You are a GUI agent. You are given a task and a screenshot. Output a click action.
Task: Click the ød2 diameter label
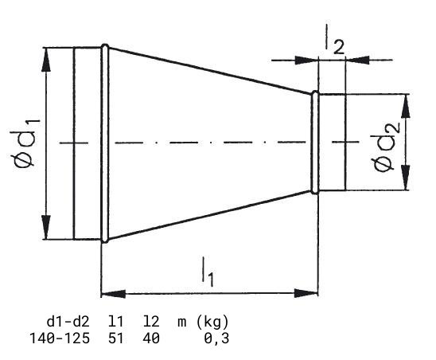[x=386, y=147]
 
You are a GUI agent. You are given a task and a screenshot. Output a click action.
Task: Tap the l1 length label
[x=208, y=272]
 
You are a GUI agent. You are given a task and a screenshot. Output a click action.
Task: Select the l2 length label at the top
[x=335, y=40]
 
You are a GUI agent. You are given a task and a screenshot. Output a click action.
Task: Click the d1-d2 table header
[x=68, y=322]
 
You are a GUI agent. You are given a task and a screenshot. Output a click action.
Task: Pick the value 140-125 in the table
[x=60, y=338]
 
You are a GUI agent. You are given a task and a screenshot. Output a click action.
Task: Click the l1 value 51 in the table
[x=115, y=338]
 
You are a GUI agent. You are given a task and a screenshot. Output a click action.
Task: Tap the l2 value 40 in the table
[x=151, y=338]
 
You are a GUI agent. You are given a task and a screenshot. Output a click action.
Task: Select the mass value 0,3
[x=217, y=338]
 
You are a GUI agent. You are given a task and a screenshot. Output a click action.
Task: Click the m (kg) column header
[x=203, y=322]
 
